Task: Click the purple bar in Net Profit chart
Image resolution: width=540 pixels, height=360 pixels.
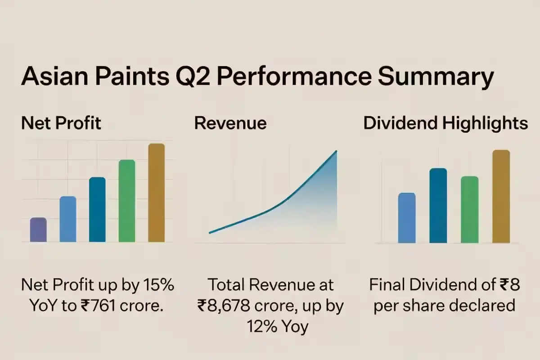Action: click(38, 230)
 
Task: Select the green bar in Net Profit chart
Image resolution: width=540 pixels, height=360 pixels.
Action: click(127, 201)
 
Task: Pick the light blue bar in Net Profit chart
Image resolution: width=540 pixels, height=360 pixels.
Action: click(68, 219)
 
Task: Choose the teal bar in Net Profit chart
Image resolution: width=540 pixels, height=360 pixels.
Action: click(97, 210)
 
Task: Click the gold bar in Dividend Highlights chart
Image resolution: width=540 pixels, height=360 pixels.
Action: click(501, 196)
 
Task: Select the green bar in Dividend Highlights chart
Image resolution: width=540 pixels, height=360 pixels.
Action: click(469, 209)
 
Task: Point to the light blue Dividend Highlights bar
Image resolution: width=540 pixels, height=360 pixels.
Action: click(407, 218)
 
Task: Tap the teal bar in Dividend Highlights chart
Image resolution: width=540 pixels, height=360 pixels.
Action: click(438, 205)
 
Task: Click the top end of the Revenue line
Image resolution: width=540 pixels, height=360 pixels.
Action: click(336, 152)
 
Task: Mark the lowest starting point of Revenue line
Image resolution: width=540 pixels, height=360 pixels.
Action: click(210, 233)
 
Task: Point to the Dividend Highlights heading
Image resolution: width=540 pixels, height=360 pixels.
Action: click(445, 123)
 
